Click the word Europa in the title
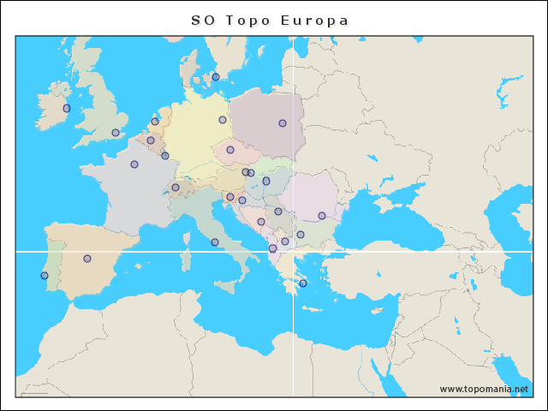click(x=314, y=21)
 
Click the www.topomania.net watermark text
click(x=484, y=389)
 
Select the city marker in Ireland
click(x=67, y=109)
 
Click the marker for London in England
click(x=116, y=133)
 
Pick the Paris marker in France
click(x=134, y=164)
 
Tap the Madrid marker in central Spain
click(x=87, y=259)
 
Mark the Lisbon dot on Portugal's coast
click(x=45, y=276)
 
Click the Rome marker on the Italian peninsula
click(x=215, y=242)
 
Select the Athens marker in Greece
click(x=303, y=283)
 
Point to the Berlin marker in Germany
click(x=223, y=120)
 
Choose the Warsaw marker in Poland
click(x=283, y=123)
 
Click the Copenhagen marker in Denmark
click(x=216, y=77)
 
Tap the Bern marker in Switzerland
click(x=176, y=188)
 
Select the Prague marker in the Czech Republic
click(x=230, y=150)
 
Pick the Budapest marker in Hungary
click(x=266, y=181)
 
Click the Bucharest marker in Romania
click(x=322, y=216)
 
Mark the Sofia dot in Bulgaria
click(x=301, y=235)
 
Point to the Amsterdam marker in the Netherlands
click(x=155, y=122)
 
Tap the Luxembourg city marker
click(x=165, y=156)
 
